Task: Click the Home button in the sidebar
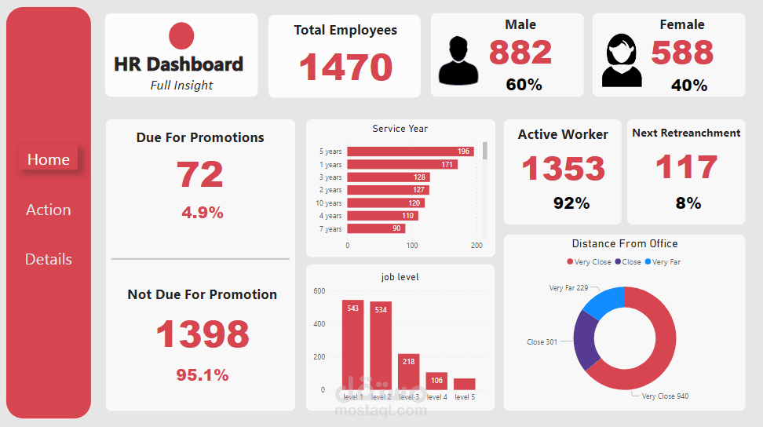pos(49,159)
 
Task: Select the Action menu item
pos(49,210)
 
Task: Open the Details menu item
pos(49,259)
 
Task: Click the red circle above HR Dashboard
pos(181,36)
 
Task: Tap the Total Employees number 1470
pos(345,67)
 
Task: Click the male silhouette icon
pos(458,60)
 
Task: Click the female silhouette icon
pos(622,60)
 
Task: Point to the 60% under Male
pos(524,85)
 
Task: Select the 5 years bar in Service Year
pos(410,151)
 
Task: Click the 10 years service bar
pos(385,203)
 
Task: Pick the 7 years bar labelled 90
pos(376,228)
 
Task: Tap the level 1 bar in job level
pos(352,345)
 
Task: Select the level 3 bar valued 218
pos(409,372)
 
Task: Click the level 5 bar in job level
pos(464,384)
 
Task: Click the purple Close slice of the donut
pos(585,340)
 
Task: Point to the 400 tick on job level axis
pos(319,324)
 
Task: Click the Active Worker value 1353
pos(563,168)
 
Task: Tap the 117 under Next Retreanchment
pos(686,167)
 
